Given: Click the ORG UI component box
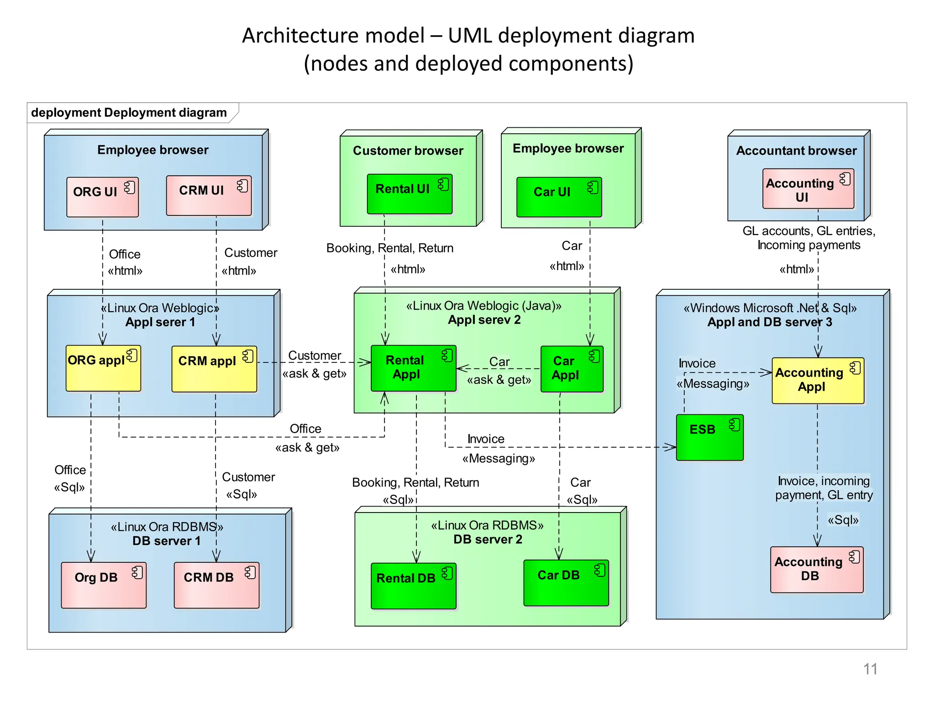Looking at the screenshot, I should pos(102,197).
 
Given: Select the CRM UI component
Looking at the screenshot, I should pos(209,195).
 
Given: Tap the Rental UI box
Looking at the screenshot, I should pos(410,194).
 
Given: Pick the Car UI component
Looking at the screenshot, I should pos(559,197).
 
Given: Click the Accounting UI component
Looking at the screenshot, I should pos(808,189).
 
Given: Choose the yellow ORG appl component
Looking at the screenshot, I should pos(103,368).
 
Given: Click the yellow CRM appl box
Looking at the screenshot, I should pos(214,369).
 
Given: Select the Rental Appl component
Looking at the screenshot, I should pos(413,368).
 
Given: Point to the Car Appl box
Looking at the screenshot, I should pos(572,369).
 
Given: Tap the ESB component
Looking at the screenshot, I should pos(709,437).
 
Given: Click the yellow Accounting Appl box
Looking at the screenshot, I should pos(818,381).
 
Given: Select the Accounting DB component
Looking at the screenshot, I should pos(816,570).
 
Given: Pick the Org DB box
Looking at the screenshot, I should pos(104,585).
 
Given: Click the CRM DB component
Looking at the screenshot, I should pos(216,585).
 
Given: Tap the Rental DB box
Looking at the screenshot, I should pos(413,586).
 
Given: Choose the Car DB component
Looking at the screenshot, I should pos(566,583).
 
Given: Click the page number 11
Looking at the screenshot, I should pos(870,669).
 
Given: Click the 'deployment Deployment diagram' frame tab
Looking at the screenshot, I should pos(129,113).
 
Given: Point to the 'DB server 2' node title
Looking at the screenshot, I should pos(487,539).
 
